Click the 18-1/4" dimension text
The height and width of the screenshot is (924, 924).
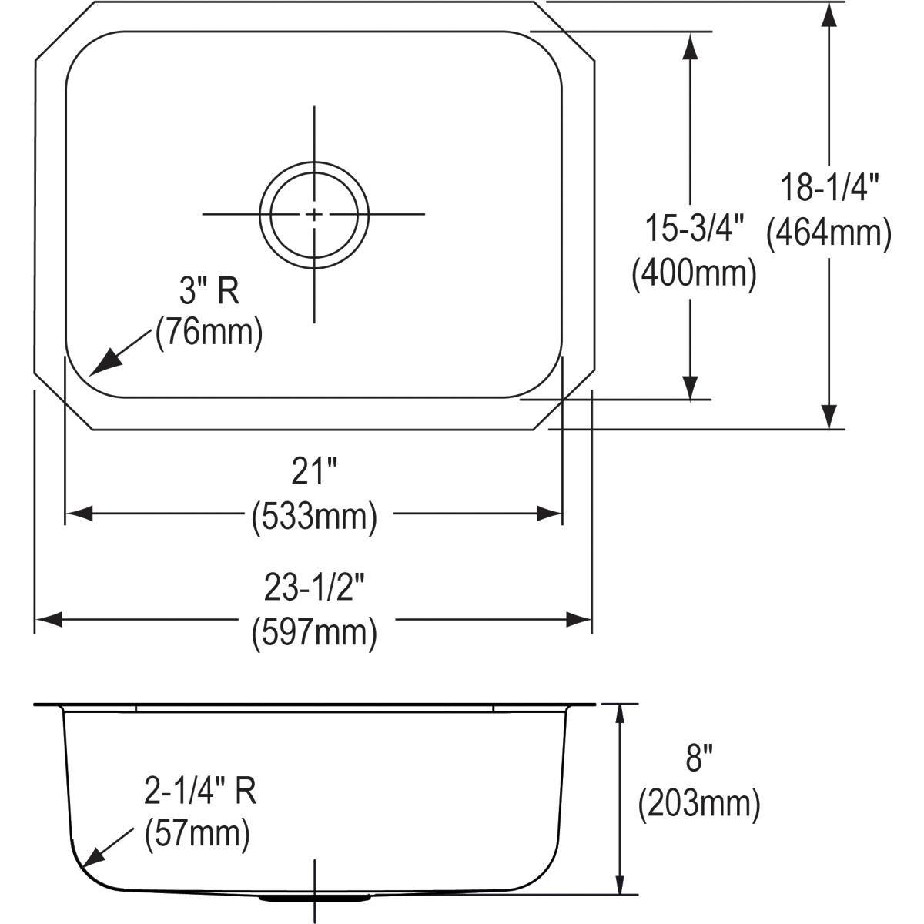[x=829, y=188]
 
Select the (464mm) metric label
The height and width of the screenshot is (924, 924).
[x=829, y=233]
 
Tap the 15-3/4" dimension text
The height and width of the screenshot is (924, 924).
[x=694, y=229]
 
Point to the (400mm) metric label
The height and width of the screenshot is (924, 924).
[x=694, y=273]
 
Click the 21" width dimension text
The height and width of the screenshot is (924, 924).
[x=313, y=472]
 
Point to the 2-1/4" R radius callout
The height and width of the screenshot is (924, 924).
[x=199, y=792]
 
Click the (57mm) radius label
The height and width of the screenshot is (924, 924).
[x=197, y=834]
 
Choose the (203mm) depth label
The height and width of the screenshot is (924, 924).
[x=698, y=804]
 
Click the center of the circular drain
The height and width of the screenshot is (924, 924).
[x=314, y=214]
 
